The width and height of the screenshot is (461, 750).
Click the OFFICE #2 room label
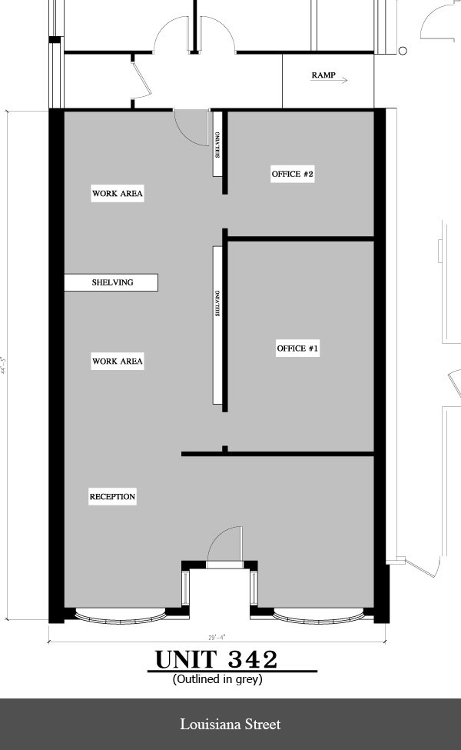pos(293,175)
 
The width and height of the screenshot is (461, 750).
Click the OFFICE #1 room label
pos(297,349)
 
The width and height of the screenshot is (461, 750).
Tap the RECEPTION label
pos(112,497)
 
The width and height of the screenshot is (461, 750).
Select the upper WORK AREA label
pos(118,193)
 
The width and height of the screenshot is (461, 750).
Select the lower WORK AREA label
pos(118,361)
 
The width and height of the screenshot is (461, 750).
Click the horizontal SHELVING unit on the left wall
pos(111,282)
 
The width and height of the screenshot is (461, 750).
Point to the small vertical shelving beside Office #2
pos(217,144)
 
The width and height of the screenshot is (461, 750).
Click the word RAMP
pos(323,75)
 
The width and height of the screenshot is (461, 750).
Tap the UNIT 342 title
pos(217,660)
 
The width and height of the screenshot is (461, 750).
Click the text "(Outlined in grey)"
pos(218,679)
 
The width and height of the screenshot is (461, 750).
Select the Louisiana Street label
pos(230,724)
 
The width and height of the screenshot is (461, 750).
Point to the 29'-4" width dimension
pos(217,637)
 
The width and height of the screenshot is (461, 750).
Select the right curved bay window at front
pos(317,615)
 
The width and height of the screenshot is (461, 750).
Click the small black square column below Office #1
pos(224,448)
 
